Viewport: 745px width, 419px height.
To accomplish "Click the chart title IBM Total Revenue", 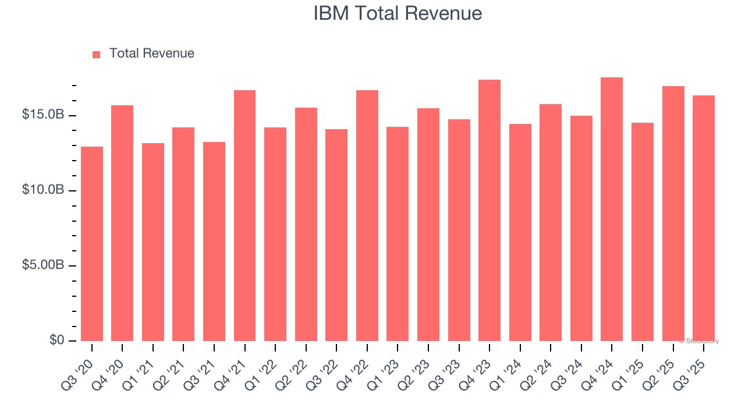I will [x=398, y=13].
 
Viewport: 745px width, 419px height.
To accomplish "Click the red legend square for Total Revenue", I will [x=97, y=54].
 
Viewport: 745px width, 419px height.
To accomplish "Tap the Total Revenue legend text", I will [x=151, y=54].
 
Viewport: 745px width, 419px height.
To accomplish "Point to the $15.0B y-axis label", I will [x=42, y=115].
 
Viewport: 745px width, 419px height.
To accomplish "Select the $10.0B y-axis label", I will [x=42, y=190].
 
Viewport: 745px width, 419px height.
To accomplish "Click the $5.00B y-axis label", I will [x=42, y=265].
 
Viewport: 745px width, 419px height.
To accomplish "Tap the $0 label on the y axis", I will [x=56, y=340].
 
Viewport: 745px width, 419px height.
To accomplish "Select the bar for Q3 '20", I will [x=92, y=244].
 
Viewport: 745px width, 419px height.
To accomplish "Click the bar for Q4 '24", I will [x=612, y=210].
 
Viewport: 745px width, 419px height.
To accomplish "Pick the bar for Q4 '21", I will [x=244, y=215].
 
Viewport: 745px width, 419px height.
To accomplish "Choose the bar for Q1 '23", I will [x=398, y=233].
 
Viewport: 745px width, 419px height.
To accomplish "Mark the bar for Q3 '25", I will [x=704, y=218].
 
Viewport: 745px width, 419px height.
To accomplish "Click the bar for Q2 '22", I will [x=306, y=224].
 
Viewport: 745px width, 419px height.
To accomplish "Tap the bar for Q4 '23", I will [x=489, y=210].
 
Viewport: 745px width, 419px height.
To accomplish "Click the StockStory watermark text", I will [x=699, y=341].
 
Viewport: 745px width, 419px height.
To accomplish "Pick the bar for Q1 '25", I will [x=643, y=233].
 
